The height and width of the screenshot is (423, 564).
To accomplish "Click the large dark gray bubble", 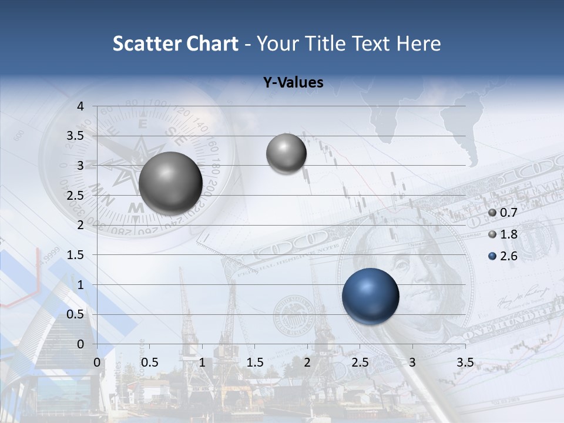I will pos(170,183).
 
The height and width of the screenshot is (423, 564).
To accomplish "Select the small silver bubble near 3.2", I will pos(286,153).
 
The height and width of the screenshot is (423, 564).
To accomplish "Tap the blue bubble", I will pos(370,296).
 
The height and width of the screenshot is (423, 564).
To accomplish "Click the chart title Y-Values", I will pos(293,83).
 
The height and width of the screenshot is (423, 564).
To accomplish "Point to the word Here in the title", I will pos(418,43).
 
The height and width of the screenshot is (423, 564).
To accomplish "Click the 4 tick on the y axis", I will pos(80,106).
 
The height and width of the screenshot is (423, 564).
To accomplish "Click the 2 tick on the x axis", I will pos(307,362).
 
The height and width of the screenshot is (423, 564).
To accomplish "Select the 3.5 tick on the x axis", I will pos(465,362).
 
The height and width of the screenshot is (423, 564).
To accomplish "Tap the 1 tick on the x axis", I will pos(202,362).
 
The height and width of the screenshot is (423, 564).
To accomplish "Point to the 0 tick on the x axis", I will pos(97,362).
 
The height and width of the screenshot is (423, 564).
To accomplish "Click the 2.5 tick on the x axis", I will pos(360,362).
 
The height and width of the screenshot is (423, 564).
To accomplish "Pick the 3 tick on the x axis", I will pos(412,362).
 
